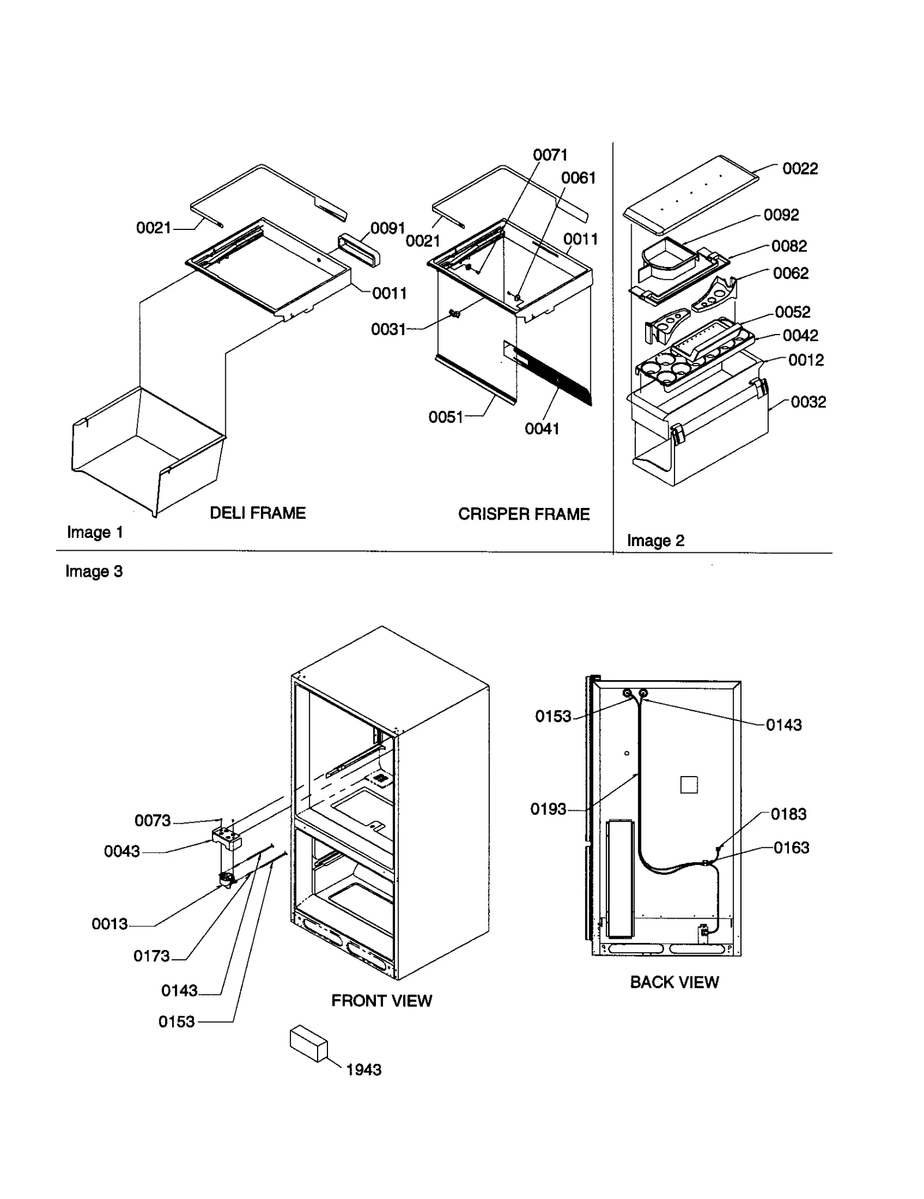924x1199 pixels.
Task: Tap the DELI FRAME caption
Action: [x=258, y=513]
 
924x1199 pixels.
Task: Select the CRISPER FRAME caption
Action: [x=524, y=514]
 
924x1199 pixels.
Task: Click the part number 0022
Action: [x=800, y=169]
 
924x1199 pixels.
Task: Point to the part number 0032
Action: [x=808, y=402]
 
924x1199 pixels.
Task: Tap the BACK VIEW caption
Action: [x=674, y=982]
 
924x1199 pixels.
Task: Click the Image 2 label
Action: [x=655, y=541]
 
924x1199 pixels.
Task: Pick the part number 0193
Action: [x=548, y=809]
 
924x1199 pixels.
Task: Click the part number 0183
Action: [x=788, y=814]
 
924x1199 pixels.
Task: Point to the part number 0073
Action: [x=152, y=821]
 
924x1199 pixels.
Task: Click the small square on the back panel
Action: [x=689, y=785]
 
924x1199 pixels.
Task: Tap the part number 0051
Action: [x=445, y=417]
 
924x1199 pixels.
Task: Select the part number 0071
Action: [x=550, y=155]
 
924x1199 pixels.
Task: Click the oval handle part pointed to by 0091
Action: [x=359, y=250]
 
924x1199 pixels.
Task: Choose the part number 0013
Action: [x=110, y=924]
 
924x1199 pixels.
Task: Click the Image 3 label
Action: [x=94, y=571]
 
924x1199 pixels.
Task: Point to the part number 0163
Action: [x=791, y=848]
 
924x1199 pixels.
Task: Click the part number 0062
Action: [x=791, y=273]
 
